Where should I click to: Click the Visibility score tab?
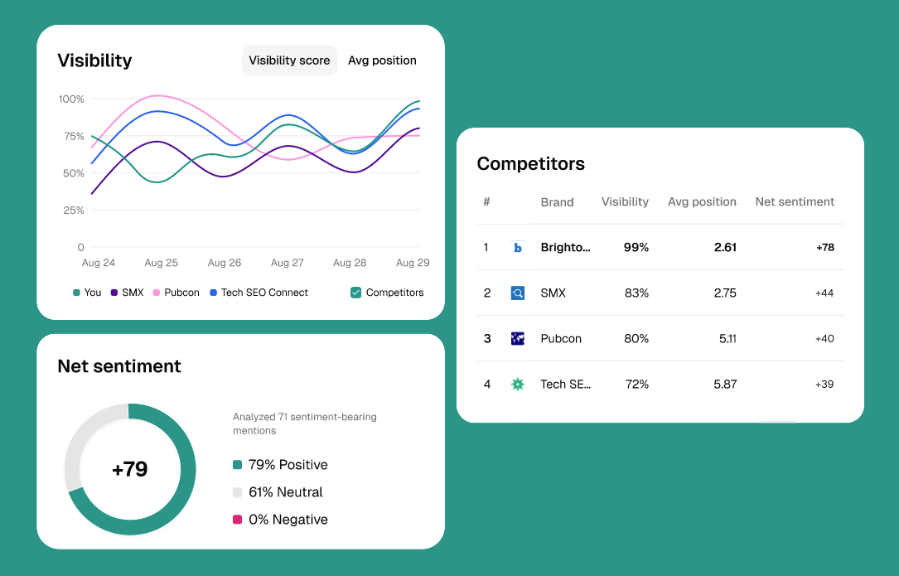click(x=289, y=61)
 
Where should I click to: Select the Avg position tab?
click(x=382, y=61)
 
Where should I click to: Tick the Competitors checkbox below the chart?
click(x=355, y=293)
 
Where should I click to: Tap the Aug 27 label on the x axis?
click(x=287, y=263)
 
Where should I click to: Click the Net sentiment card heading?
click(x=119, y=366)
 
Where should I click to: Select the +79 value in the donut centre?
click(x=129, y=469)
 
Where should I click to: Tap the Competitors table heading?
click(x=530, y=164)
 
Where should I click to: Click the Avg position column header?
click(x=702, y=201)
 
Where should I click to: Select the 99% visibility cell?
click(x=636, y=247)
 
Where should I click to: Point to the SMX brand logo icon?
click(x=518, y=293)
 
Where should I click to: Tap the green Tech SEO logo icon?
click(x=518, y=384)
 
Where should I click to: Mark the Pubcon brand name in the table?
click(x=561, y=338)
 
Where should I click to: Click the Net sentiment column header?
click(x=795, y=201)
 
